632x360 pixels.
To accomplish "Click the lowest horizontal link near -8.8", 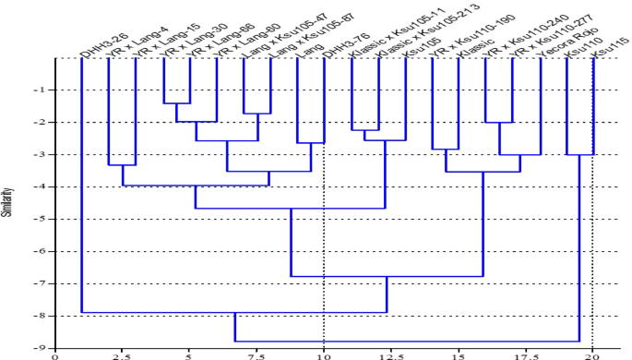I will click(x=407, y=341).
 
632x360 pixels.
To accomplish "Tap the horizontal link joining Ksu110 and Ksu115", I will click(x=579, y=154).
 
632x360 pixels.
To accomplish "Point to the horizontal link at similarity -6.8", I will click(x=387, y=276).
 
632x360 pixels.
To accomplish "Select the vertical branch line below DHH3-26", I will click(x=82, y=185).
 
